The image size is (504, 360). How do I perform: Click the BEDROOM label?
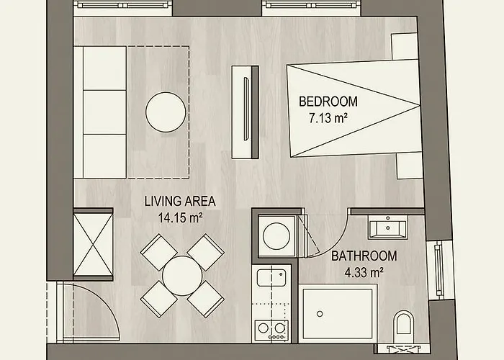tap(328, 102)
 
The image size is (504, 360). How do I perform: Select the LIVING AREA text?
tap(180, 201)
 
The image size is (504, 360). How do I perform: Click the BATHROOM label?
tap(364, 256)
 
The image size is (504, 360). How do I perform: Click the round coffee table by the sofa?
tap(167, 112)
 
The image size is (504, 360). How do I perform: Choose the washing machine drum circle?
tap(276, 234)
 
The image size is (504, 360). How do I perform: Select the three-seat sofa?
tap(105, 112)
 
